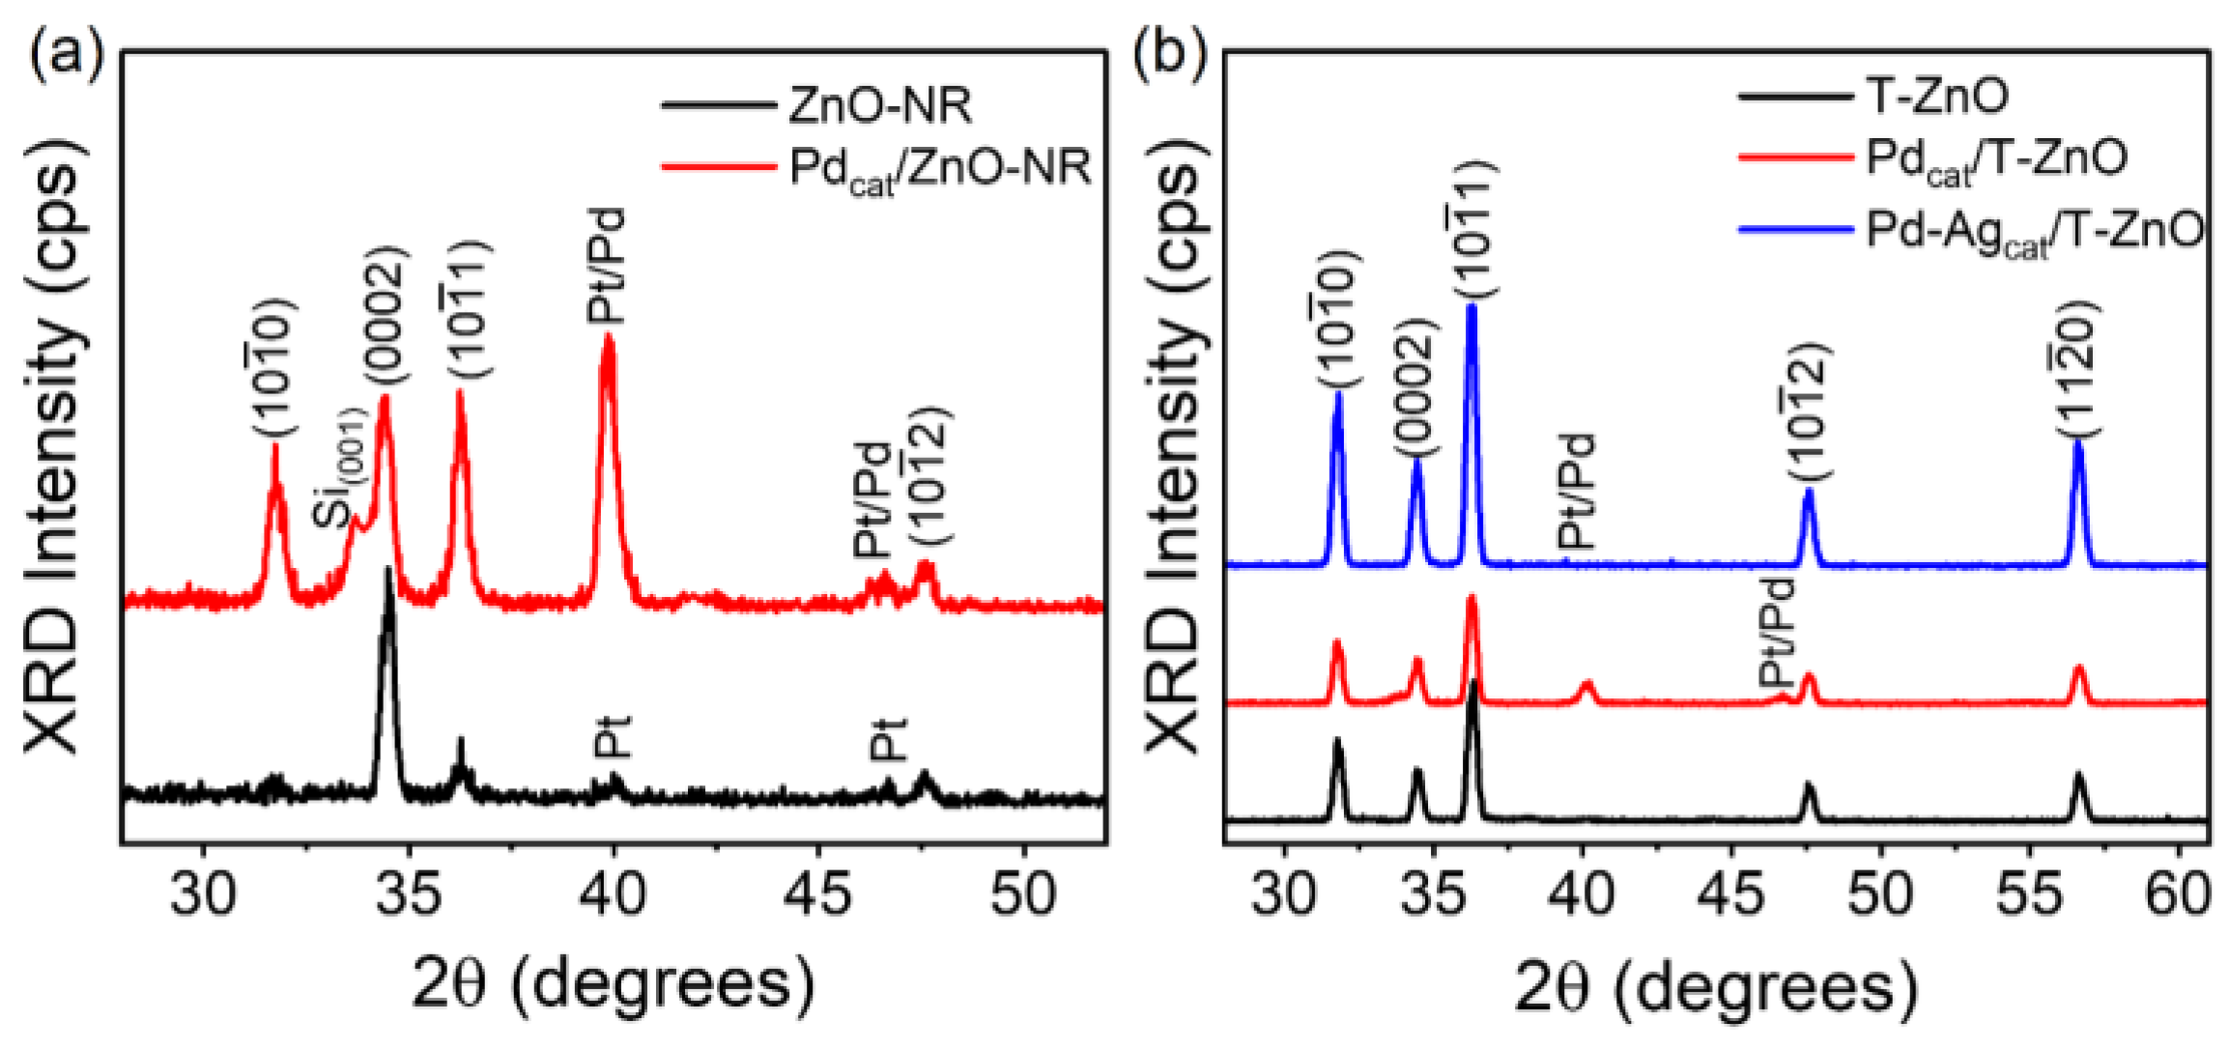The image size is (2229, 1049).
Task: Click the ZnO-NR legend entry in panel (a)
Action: click(x=879, y=104)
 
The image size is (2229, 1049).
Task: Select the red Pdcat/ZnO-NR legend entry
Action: click(x=937, y=168)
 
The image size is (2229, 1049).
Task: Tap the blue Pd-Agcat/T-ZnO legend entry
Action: click(x=2034, y=231)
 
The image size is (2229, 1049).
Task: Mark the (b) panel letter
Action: click(x=1170, y=53)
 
